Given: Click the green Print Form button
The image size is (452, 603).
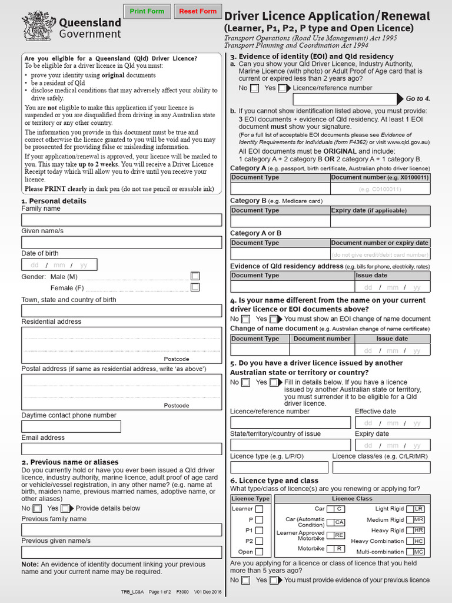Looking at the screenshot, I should point(147,11).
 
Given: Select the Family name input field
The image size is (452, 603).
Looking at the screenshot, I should point(122,220).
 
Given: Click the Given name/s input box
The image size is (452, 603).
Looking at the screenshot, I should point(122,242).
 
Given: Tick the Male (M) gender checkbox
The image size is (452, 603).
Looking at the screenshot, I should point(195,276).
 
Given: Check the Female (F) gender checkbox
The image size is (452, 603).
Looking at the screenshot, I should point(195,287).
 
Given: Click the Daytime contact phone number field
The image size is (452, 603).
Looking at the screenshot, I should point(71,426).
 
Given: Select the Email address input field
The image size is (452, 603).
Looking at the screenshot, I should point(122,449).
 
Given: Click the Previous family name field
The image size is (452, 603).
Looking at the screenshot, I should point(122,529).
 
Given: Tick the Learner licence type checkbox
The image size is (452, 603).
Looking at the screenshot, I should point(259,509).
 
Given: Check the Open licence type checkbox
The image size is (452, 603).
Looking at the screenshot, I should point(259,552).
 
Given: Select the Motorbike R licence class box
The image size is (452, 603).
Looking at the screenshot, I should point(338,549).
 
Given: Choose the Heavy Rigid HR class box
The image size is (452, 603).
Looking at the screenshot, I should point(418,531).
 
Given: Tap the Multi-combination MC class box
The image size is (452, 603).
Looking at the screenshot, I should point(418,552).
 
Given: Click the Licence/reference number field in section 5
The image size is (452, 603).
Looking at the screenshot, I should point(290,423).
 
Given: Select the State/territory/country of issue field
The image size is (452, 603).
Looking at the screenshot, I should point(290,445).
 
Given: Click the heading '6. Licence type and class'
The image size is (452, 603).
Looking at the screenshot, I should point(274,481).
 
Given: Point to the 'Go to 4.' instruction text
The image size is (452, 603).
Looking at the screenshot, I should point(418,98).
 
